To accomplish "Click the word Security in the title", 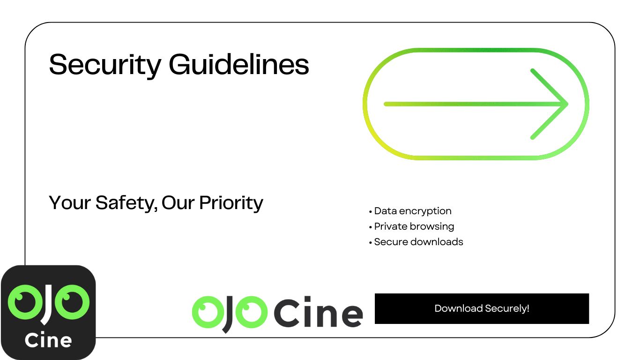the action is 105,65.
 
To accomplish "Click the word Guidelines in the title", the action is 239,64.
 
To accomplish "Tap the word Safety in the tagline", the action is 127,203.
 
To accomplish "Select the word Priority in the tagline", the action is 231,203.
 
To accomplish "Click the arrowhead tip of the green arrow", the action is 567,104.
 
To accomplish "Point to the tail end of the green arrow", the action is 386,104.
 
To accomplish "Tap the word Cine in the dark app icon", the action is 48,340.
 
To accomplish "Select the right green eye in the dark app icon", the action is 72,302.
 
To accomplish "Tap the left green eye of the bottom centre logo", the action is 208,312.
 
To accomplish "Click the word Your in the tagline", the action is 70,202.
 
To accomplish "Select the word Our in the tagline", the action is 178,202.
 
